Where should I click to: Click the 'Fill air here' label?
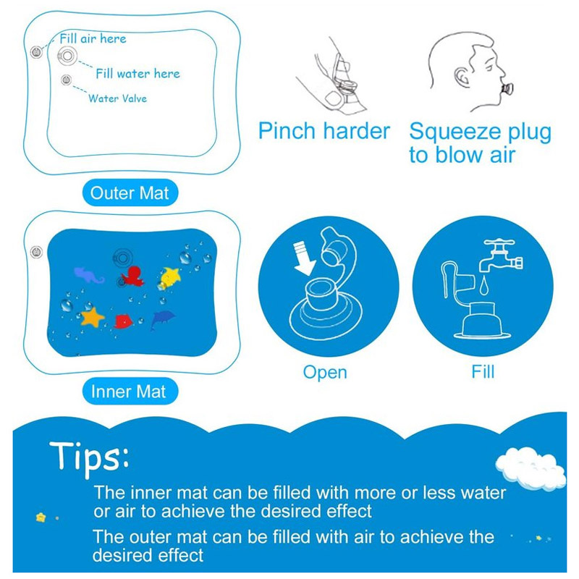[x=93, y=39]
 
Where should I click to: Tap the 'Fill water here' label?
[x=138, y=73]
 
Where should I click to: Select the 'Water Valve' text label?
[x=117, y=98]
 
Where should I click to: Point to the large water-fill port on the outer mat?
[x=67, y=54]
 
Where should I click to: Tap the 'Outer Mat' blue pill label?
[x=129, y=193]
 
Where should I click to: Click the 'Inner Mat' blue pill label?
[x=129, y=392]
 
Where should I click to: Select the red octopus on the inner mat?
[x=132, y=276]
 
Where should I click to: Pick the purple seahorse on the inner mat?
[x=88, y=274]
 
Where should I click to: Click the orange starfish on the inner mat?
[x=92, y=316]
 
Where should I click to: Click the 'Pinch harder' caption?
[x=324, y=132]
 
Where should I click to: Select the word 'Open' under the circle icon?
[x=325, y=373]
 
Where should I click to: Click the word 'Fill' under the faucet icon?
[x=483, y=372]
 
